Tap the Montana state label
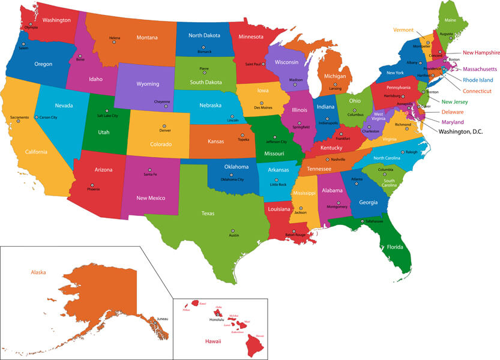[x=147, y=37]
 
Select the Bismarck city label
[x=205, y=52]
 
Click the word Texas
[x=208, y=212]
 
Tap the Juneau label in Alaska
[x=162, y=319]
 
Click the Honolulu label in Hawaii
[x=216, y=319]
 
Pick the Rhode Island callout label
[x=478, y=80]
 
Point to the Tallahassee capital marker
[x=361, y=221]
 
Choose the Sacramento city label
[x=19, y=116]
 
